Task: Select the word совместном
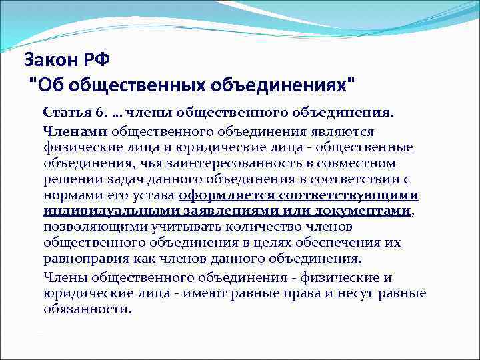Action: (356, 163)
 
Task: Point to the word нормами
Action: (69, 195)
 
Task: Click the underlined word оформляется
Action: (221, 195)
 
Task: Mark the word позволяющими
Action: (88, 227)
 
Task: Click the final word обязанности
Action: (87, 309)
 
